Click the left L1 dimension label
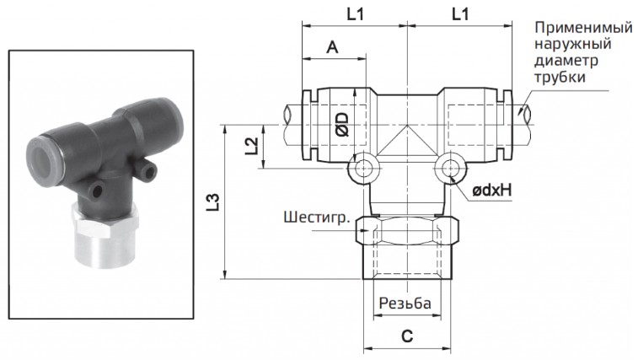pos(355,14)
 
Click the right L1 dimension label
pos(460,14)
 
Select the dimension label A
pos(332,50)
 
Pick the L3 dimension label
pos(213,202)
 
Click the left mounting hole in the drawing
pos(363,171)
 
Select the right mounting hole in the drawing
pos(448,171)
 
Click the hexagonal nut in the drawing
pos(405,229)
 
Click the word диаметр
pos(566,62)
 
